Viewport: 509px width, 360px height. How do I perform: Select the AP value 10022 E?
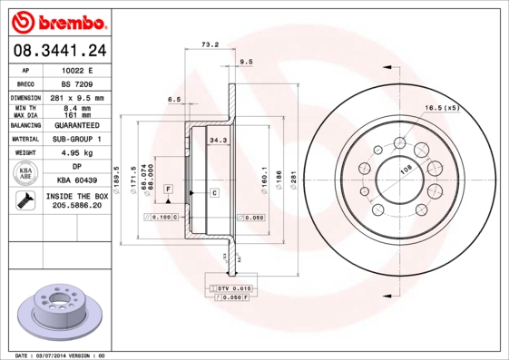pyautogui.click(x=77, y=70)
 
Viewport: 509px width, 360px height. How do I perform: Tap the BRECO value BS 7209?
pyautogui.click(x=77, y=83)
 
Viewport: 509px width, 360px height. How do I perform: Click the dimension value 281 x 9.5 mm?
pyautogui.click(x=77, y=97)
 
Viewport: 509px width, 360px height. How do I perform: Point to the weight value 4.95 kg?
pyautogui.click(x=77, y=153)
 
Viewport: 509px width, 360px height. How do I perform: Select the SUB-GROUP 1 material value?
pyautogui.click(x=77, y=139)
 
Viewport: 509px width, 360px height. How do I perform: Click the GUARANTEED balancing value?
pyautogui.click(x=77, y=125)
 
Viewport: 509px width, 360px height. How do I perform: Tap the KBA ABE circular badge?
pyautogui.click(x=26, y=174)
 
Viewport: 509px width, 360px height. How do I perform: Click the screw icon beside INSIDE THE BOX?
pyautogui.click(x=22, y=200)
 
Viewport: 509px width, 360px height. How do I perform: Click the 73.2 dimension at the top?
pyautogui.click(x=210, y=44)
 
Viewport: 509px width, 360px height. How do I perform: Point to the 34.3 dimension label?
pyautogui.click(x=218, y=141)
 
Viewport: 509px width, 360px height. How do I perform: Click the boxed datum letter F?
pyautogui.click(x=169, y=187)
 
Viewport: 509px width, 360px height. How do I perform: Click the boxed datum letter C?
pyautogui.click(x=215, y=193)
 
